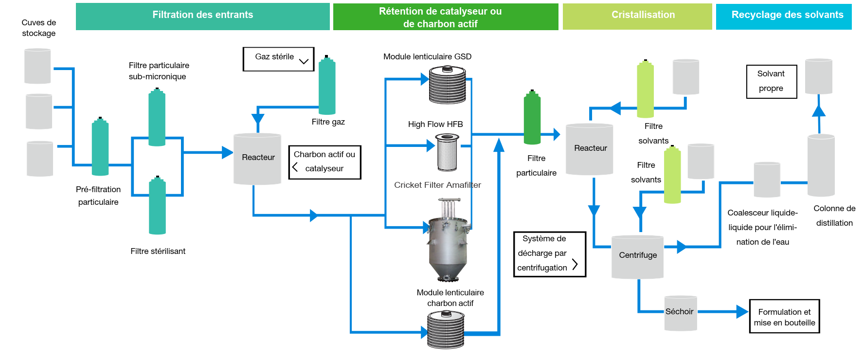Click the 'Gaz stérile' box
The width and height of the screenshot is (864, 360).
click(278, 59)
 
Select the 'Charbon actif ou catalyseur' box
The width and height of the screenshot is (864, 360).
click(324, 162)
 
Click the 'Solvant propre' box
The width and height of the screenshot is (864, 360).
click(771, 81)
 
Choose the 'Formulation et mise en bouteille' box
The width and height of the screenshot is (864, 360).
click(784, 316)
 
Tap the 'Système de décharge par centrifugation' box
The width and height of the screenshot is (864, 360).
click(549, 254)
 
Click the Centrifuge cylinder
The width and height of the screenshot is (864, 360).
click(637, 257)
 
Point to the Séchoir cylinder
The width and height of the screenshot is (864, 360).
click(681, 313)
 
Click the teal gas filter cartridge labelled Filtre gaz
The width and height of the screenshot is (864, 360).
click(327, 86)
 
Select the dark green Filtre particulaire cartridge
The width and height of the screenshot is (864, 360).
click(532, 118)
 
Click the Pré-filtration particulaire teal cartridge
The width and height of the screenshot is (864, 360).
click(100, 147)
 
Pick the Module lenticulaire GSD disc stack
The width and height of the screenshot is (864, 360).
click(447, 85)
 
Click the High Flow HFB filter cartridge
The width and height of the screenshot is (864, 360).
click(447, 153)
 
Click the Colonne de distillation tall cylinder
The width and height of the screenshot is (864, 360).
click(821, 165)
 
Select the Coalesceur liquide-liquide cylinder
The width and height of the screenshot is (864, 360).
click(767, 180)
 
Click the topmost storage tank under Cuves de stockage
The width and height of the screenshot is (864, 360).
click(37, 66)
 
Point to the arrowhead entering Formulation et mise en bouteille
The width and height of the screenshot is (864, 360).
click(742, 311)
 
